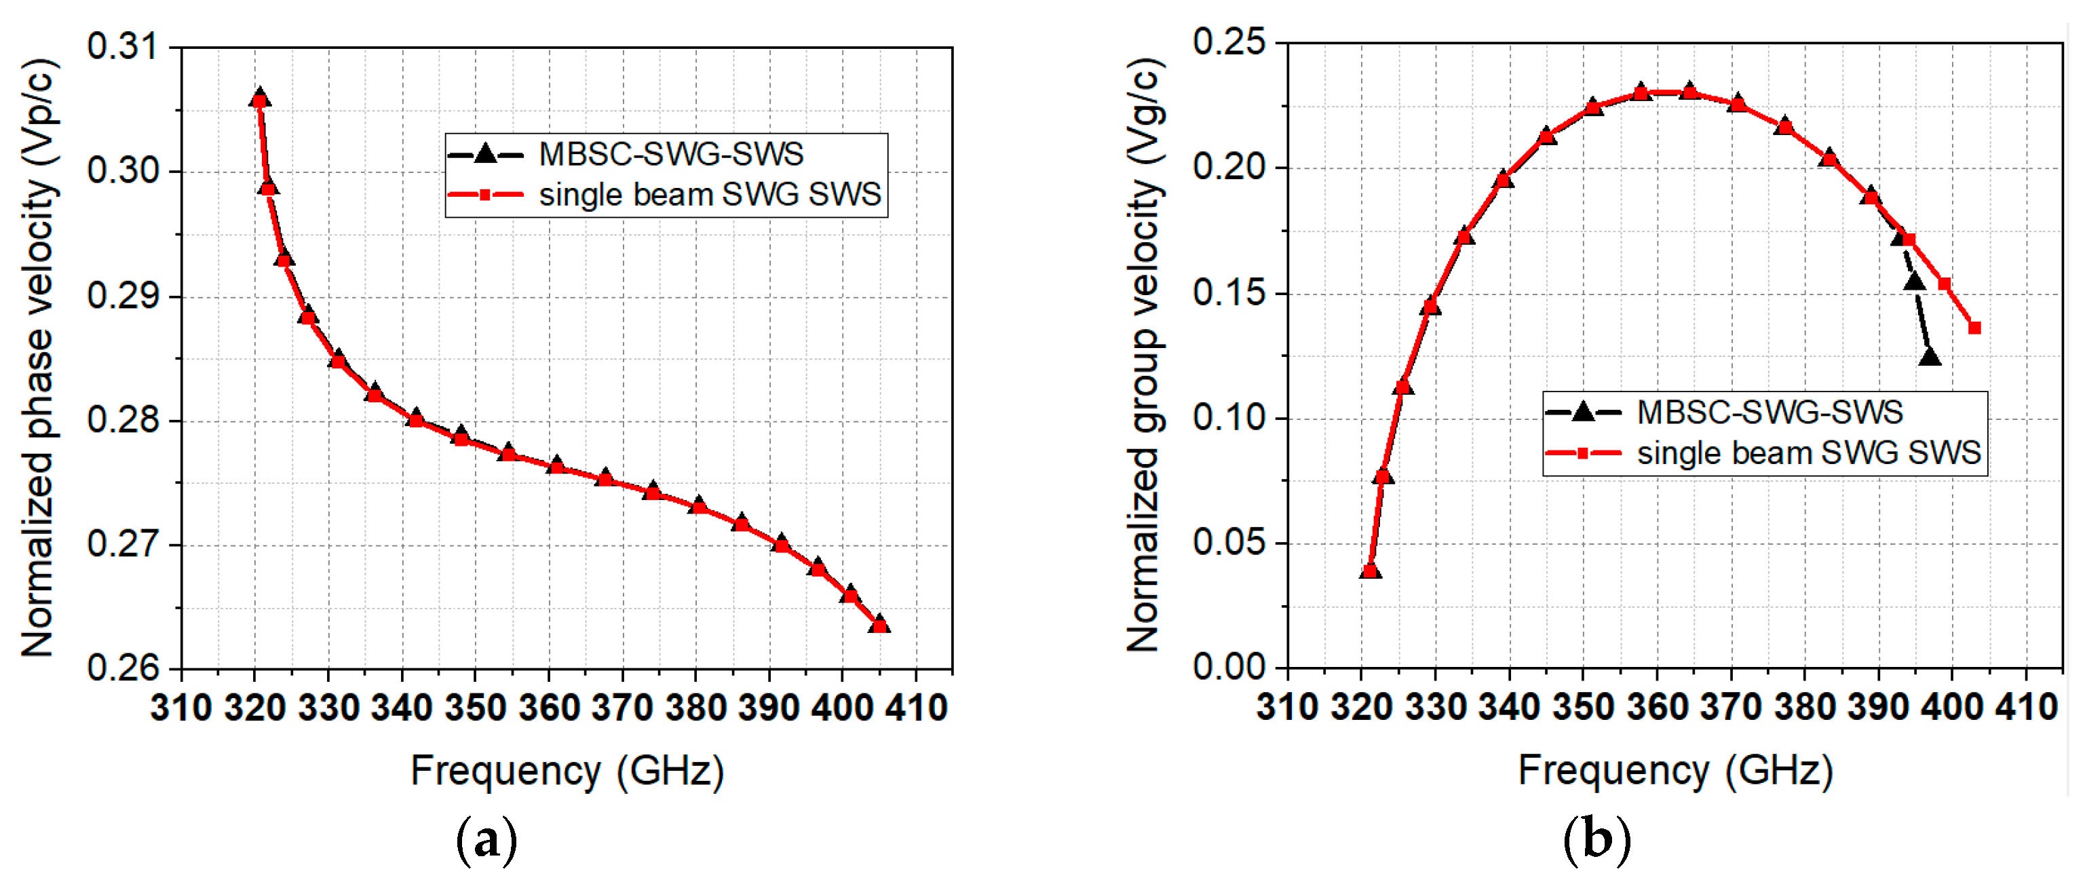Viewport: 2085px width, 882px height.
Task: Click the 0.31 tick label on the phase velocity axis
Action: point(123,47)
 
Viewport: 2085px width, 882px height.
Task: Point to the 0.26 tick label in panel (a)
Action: point(123,668)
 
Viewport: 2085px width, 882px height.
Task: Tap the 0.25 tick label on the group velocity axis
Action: point(1229,42)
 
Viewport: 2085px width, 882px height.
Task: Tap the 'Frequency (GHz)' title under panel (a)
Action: point(567,770)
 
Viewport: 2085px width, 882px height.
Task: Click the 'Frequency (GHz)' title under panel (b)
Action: point(1675,770)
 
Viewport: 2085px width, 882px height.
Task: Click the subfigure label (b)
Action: point(1596,840)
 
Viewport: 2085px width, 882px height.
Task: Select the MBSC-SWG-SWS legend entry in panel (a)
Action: point(671,155)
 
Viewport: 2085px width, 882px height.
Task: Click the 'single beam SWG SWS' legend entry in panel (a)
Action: point(710,195)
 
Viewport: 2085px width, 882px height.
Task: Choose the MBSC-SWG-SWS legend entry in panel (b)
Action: point(1770,413)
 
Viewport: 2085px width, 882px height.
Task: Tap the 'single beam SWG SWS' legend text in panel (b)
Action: point(1808,453)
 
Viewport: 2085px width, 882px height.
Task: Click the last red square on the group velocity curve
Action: point(1974,328)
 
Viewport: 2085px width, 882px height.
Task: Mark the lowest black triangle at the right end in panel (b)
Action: point(1930,357)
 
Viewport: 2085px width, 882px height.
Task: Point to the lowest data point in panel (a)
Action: point(880,625)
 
